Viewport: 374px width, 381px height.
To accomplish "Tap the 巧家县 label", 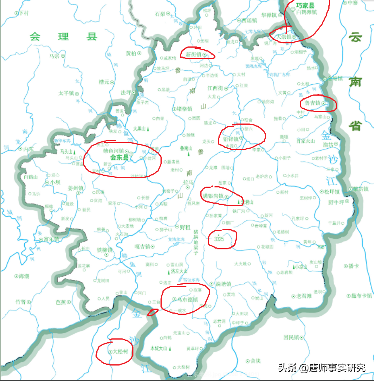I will [x=305, y=6].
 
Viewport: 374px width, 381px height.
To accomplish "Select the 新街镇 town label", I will [x=193, y=55].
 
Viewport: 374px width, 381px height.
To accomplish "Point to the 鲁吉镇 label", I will [x=313, y=103].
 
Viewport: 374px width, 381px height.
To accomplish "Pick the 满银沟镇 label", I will [x=213, y=196].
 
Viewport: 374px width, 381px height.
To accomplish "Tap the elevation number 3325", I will [x=216, y=240].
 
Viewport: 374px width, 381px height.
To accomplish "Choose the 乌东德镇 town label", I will [x=187, y=299].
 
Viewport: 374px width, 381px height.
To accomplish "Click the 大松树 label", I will [x=120, y=352].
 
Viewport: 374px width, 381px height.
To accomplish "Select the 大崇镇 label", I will [x=284, y=37].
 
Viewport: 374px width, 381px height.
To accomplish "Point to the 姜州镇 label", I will [x=75, y=189].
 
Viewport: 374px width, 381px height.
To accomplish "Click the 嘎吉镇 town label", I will [x=142, y=246].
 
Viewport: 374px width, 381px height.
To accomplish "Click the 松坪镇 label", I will [x=332, y=192].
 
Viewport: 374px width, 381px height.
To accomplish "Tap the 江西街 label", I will [x=215, y=88].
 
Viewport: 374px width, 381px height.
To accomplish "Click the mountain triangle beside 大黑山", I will [x=148, y=129].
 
